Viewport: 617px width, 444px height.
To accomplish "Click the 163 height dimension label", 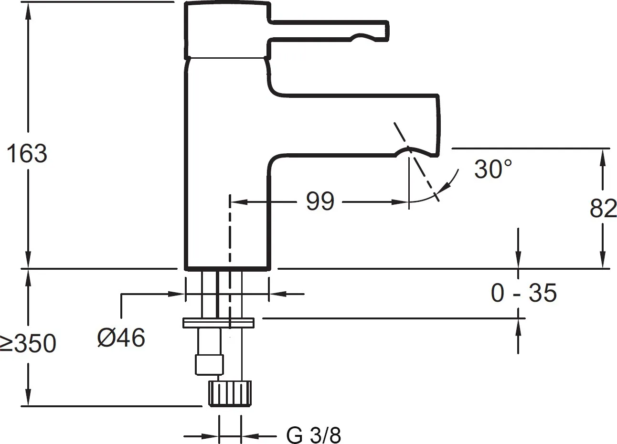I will coord(27,154).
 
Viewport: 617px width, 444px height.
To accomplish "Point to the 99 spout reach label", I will coord(320,201).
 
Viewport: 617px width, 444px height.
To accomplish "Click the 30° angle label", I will coord(493,169).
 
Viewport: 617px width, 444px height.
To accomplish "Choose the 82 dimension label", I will coord(603,208).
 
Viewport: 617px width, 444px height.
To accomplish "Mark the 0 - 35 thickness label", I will coord(523,293).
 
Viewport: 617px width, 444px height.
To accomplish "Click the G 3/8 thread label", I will coord(314,435).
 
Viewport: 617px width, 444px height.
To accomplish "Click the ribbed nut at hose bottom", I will coord(229,392).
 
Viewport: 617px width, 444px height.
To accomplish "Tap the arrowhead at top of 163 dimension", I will coord(28,10).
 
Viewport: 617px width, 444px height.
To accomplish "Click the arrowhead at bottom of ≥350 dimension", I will coord(28,400).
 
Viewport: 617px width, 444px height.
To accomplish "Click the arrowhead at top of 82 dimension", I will coord(604,156).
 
